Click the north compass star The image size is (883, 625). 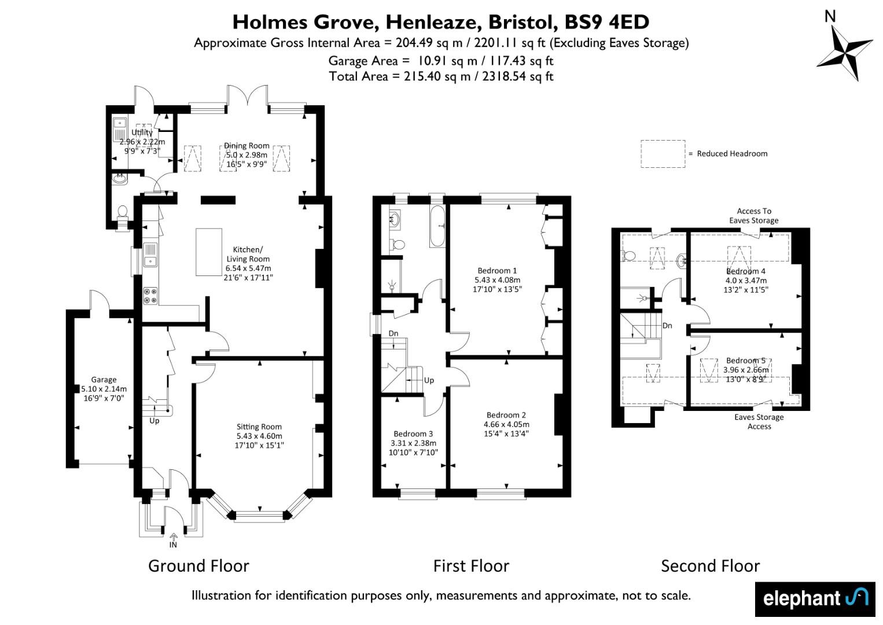click(844, 53)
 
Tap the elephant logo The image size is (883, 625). click(815, 599)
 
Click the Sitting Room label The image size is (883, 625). click(259, 427)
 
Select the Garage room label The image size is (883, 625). click(104, 379)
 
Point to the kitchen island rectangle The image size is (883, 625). click(209, 252)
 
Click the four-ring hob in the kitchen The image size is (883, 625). click(150, 296)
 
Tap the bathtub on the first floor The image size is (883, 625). click(437, 226)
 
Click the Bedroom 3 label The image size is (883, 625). click(413, 434)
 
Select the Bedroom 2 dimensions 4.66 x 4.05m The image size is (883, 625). click(506, 424)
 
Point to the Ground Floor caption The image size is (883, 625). click(198, 566)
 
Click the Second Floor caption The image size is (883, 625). click(711, 566)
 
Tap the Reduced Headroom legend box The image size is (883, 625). click(663, 154)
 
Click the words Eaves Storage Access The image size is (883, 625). click(759, 421)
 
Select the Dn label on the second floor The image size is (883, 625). click(667, 326)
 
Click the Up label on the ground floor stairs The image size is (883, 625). click(154, 421)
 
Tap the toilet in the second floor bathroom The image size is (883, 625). click(628, 256)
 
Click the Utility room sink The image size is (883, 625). click(119, 123)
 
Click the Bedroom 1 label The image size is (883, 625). click(496, 270)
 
